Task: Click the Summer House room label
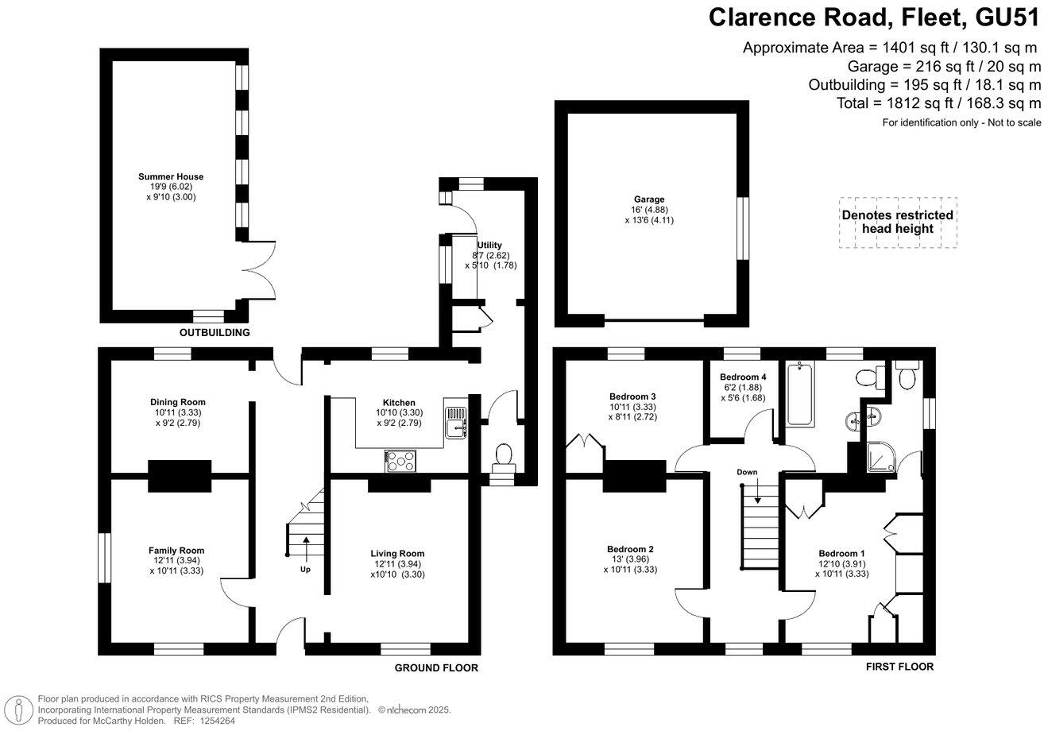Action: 170,176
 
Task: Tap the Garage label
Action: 649,199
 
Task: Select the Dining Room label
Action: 177,402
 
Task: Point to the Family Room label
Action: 176,551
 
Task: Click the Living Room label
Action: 397,554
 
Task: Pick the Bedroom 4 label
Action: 744,377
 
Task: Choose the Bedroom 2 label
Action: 630,549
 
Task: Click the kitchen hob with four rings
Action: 402,460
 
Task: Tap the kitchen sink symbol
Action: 458,420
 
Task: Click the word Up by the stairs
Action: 306,570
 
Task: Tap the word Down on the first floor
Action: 747,472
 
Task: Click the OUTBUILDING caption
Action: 214,332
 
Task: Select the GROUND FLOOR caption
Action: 436,668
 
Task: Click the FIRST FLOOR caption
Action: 899,667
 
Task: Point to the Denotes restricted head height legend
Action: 898,222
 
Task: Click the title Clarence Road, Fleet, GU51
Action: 874,17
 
